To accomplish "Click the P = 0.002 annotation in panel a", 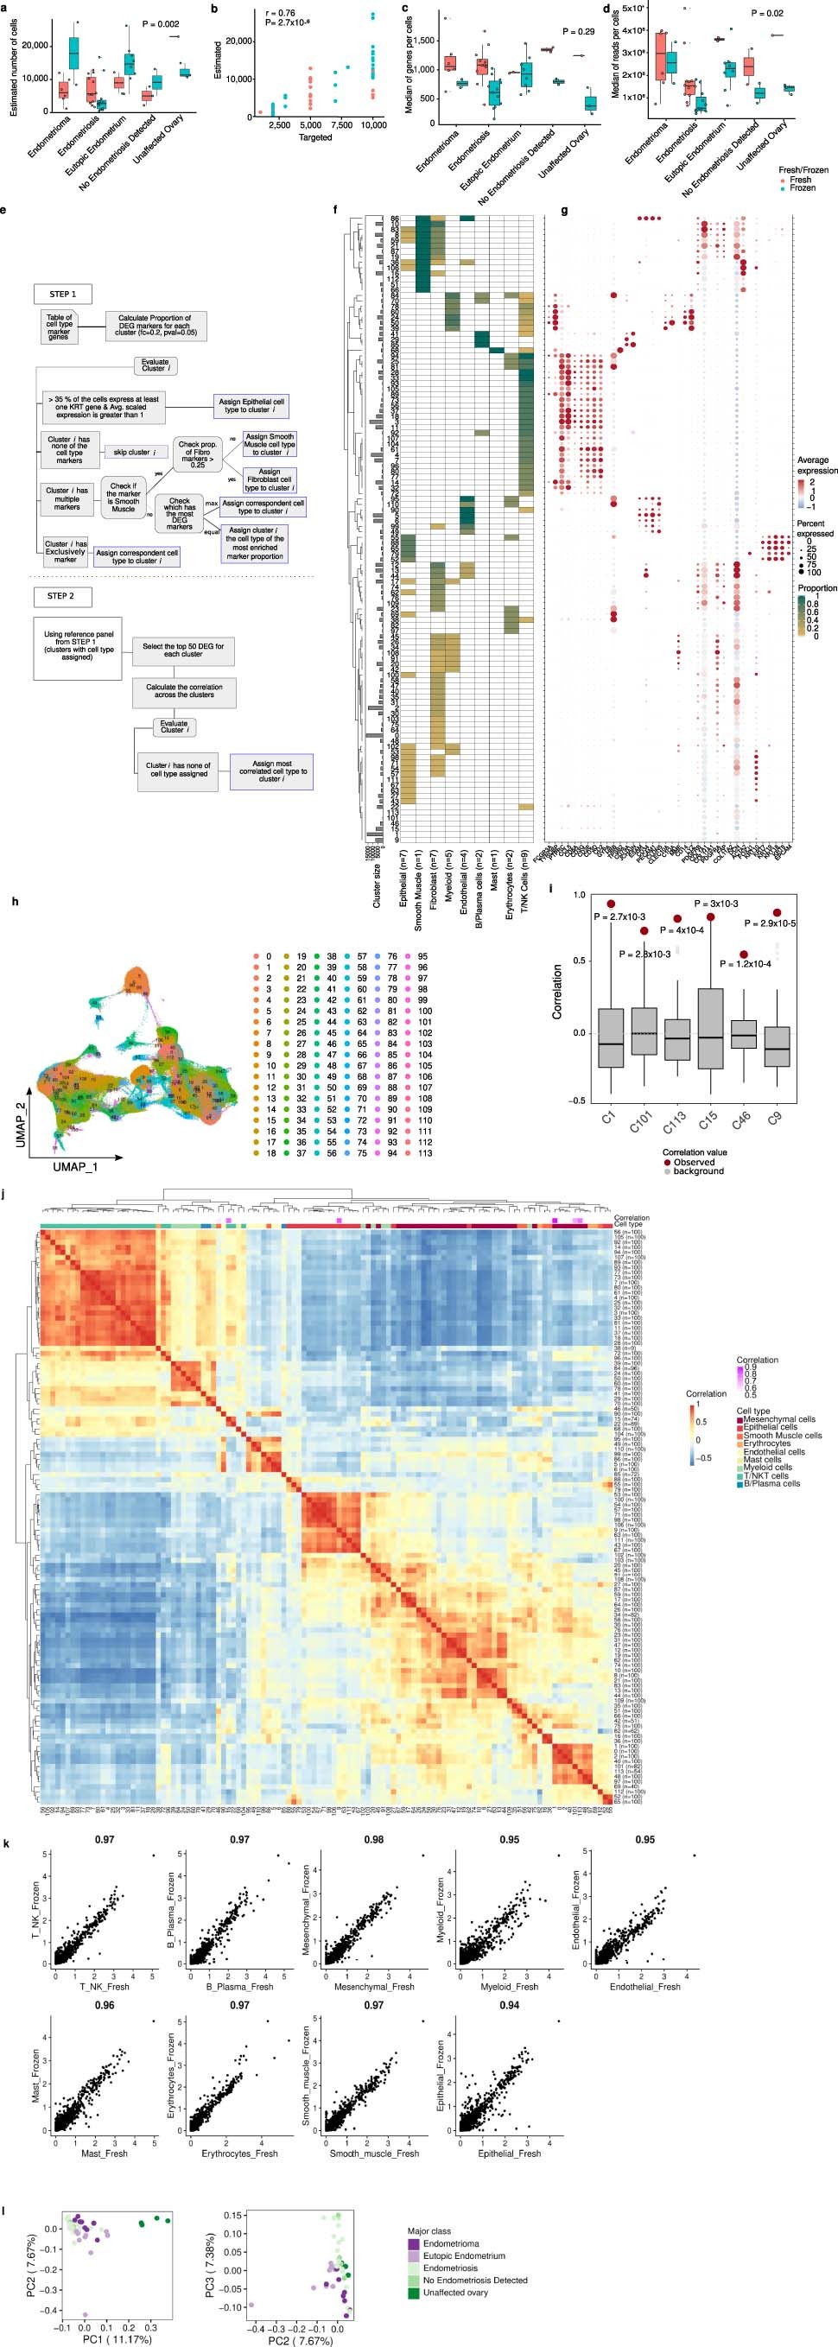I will pyautogui.click(x=161, y=23).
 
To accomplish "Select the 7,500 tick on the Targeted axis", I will pyautogui.click(x=340, y=124).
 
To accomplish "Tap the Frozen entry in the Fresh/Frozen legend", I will pyautogui.click(x=803, y=187).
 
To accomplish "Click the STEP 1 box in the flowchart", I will pyautogui.click(x=64, y=294).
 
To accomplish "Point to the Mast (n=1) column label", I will pyautogui.click(x=492, y=870).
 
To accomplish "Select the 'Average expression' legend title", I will pyautogui.click(x=816, y=466).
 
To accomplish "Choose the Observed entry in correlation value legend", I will pyautogui.click(x=693, y=1162).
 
